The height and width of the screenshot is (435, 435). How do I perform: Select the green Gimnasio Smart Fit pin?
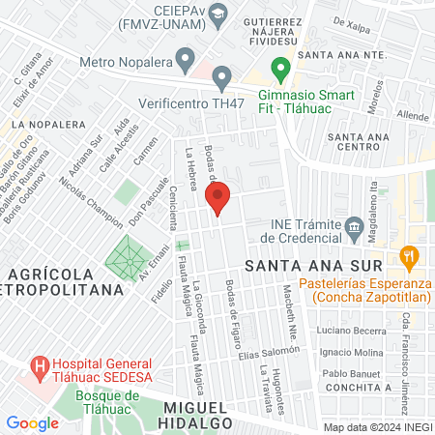280,69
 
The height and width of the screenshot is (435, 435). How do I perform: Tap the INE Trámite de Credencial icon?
355,229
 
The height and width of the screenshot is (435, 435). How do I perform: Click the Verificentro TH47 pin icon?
223,76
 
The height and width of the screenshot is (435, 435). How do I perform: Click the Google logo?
32,422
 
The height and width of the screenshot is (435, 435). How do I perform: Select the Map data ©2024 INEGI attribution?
376,427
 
